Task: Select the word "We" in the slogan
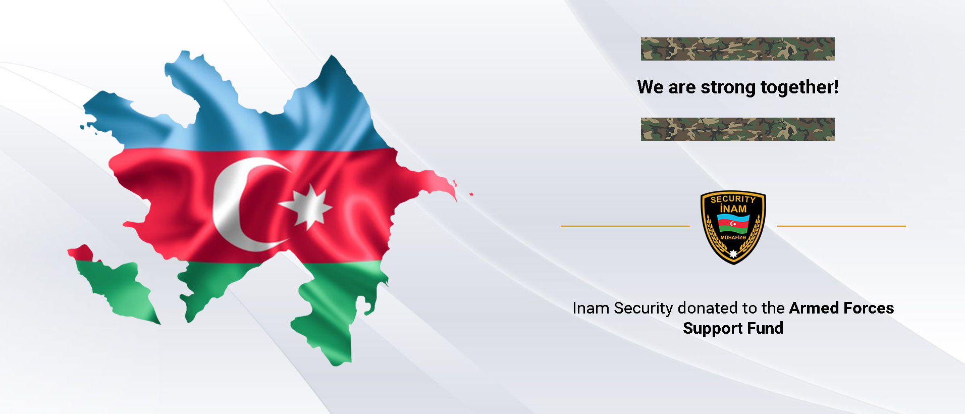651,87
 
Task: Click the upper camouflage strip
737,49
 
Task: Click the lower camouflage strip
737,129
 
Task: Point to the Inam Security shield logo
733,227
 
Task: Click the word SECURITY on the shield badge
733,199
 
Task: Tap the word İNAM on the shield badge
733,209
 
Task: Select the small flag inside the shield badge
733,224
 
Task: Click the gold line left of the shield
625,226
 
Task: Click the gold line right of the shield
841,226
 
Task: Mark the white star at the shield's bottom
733,253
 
